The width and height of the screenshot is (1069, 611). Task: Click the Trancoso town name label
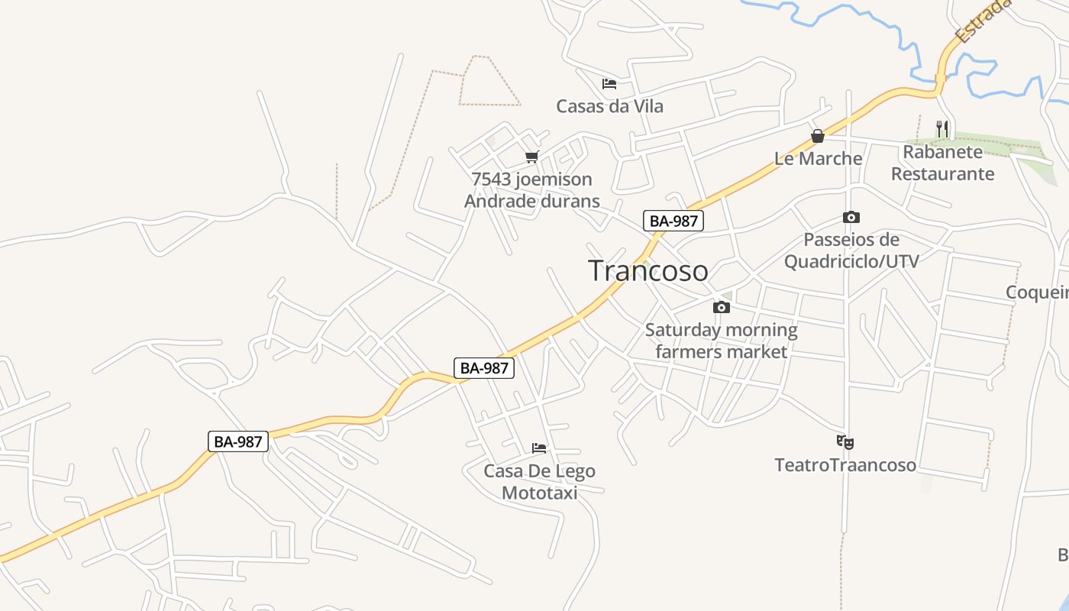[648, 270]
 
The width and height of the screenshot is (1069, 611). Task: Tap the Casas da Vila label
[609, 106]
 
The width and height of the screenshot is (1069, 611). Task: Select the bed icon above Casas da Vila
[609, 83]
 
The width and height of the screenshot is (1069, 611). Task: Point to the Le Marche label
[818, 159]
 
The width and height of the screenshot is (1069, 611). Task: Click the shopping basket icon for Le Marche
[818, 137]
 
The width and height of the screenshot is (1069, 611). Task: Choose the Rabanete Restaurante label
[942, 163]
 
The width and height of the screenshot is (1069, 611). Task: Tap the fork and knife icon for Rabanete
[943, 129]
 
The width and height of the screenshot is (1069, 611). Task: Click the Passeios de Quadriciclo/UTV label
[851, 251]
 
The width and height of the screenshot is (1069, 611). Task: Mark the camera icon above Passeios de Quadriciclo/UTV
[851, 218]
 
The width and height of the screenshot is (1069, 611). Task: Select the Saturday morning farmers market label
[721, 341]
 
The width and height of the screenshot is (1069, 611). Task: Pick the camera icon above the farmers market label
[721, 307]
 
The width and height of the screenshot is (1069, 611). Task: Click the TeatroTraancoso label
[845, 465]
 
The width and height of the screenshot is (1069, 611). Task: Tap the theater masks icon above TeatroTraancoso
[845, 442]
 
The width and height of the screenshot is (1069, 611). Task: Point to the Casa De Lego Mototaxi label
[539, 482]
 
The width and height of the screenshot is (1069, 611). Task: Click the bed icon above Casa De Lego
[539, 448]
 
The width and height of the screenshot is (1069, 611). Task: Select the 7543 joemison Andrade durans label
[531, 190]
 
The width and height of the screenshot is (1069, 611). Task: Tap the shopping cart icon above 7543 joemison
[531, 157]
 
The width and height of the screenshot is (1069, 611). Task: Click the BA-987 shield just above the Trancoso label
[673, 221]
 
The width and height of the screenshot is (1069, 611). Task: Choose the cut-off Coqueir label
[1037, 293]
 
